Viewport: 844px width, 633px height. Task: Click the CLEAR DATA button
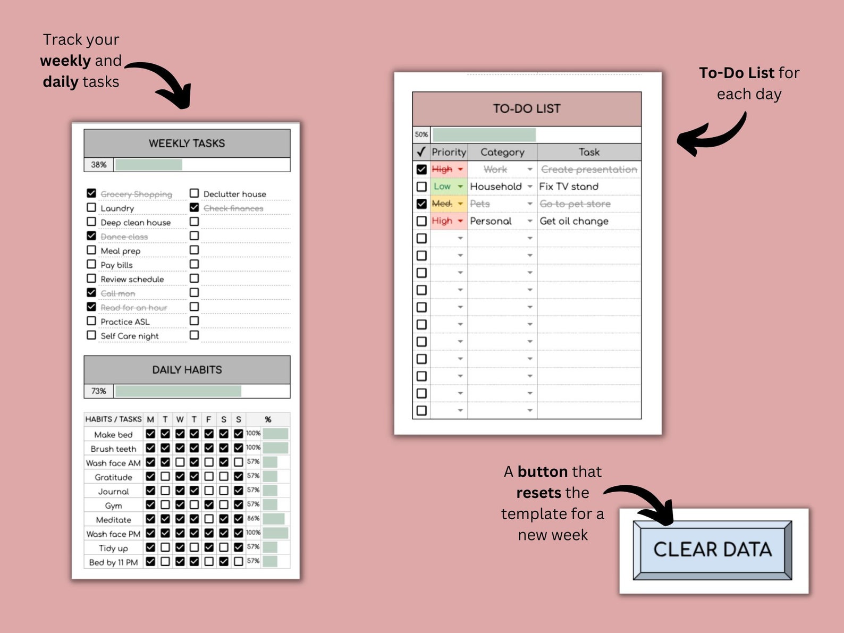click(712, 550)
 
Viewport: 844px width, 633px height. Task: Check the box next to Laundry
click(91, 207)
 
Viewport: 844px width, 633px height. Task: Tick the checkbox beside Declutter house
click(195, 193)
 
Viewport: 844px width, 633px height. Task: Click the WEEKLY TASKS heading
click(187, 143)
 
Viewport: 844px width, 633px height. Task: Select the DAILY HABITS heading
click(187, 369)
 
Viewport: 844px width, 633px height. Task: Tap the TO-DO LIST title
click(526, 108)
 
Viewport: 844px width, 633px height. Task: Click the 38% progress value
click(98, 165)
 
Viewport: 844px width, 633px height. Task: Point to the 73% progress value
click(98, 391)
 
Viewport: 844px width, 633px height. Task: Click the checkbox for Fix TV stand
click(421, 187)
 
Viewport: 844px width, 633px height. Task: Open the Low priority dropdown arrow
click(460, 187)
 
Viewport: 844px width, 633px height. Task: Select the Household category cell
click(496, 187)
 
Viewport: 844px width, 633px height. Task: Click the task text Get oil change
click(574, 221)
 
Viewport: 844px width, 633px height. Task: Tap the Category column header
click(502, 152)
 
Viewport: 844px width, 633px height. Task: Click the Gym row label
click(113, 505)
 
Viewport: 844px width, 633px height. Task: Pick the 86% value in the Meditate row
click(253, 518)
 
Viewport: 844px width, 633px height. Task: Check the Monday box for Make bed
click(150, 434)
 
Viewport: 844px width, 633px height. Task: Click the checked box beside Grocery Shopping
click(91, 193)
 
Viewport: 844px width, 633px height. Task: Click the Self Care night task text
click(130, 336)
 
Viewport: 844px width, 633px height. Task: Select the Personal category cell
click(491, 221)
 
